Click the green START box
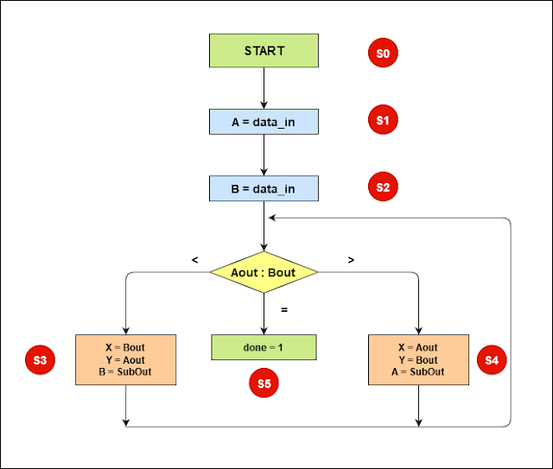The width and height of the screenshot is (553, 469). pyautogui.click(x=264, y=51)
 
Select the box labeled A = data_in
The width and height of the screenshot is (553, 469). pyautogui.click(x=264, y=122)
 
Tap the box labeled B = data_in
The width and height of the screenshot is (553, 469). pyautogui.click(x=264, y=187)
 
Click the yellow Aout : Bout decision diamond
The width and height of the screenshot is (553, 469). pyautogui.click(x=264, y=273)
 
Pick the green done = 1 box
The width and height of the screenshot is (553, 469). pyautogui.click(x=264, y=347)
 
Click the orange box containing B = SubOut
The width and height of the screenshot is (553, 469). pyautogui.click(x=126, y=359)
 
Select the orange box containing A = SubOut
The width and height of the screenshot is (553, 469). pyautogui.click(x=419, y=359)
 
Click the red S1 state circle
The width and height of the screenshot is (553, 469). pyautogui.click(x=382, y=121)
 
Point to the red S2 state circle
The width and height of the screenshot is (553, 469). pyautogui.click(x=382, y=187)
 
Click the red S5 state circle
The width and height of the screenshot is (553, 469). pyautogui.click(x=264, y=383)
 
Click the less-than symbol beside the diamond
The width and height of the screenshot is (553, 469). pyautogui.click(x=194, y=258)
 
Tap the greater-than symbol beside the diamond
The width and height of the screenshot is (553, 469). pyautogui.click(x=350, y=258)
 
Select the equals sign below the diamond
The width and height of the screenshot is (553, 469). pyautogui.click(x=283, y=308)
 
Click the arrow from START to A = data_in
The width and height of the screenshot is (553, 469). pyautogui.click(x=264, y=87)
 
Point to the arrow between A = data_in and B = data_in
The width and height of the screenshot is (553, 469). pyautogui.click(x=264, y=155)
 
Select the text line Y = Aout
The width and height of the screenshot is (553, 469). pyautogui.click(x=126, y=360)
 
